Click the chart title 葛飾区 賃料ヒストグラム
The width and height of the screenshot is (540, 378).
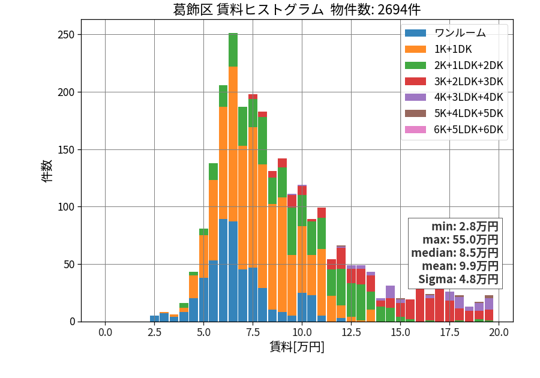(248, 10)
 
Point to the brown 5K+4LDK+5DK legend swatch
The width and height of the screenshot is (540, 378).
(415, 113)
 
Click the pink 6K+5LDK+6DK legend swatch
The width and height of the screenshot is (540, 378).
(415, 130)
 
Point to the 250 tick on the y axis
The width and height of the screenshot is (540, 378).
(66, 35)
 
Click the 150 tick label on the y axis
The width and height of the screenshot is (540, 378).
(66, 150)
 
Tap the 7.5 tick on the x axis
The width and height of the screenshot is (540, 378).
(253, 332)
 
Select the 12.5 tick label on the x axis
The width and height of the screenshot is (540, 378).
(351, 332)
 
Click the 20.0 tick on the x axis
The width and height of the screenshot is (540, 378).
(499, 332)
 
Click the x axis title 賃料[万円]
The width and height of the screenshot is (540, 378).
(297, 347)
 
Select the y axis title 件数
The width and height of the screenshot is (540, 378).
(47, 171)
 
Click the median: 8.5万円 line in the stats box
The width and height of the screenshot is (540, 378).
(455, 253)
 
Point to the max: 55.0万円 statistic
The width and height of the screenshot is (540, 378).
(460, 239)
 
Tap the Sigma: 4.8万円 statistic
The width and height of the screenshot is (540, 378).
(458, 279)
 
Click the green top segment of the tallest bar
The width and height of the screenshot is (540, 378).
(233, 50)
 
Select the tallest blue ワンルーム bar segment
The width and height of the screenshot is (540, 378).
(223, 270)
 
